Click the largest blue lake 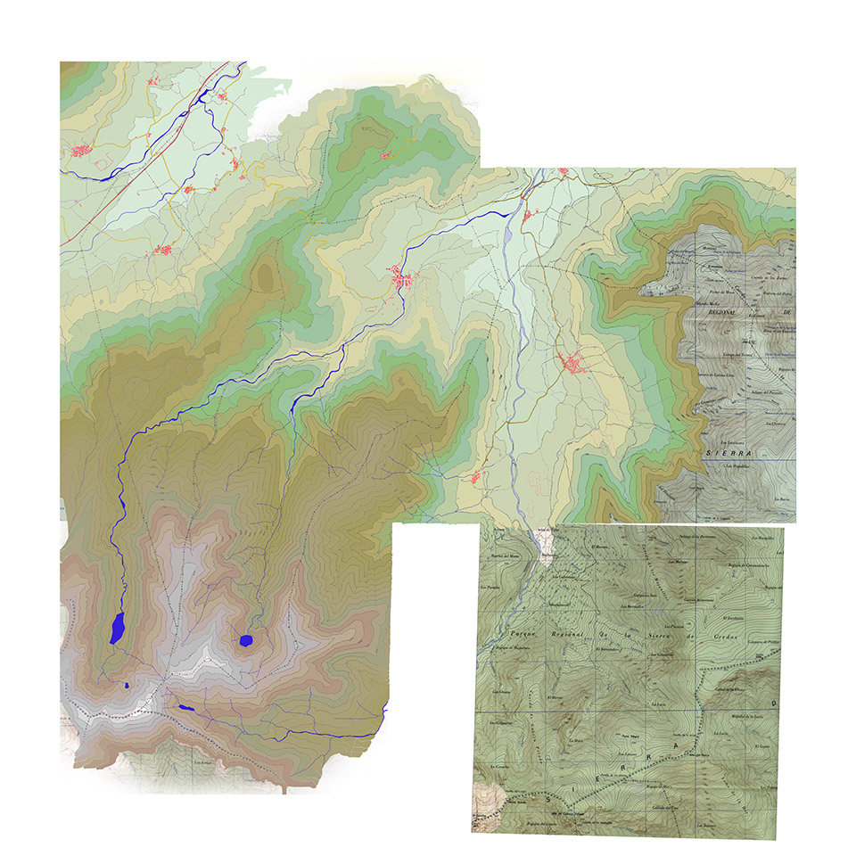(115, 628)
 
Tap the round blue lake (246, 639)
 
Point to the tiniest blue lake (128, 685)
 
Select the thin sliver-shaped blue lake (185, 708)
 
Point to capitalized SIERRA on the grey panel (728, 453)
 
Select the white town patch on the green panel (546, 540)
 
